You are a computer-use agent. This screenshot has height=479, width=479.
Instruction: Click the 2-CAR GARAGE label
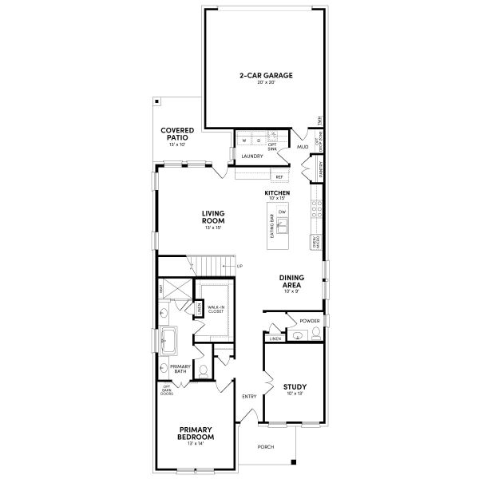[x=266, y=76]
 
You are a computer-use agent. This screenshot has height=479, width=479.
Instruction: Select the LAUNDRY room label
[x=252, y=156]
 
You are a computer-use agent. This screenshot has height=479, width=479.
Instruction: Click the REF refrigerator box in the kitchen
[x=279, y=176]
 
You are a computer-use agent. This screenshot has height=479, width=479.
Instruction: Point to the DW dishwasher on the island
[x=282, y=211]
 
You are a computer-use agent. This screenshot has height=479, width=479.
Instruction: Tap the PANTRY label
[x=319, y=169]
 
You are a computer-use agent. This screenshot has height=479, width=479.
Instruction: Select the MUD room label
[x=303, y=147]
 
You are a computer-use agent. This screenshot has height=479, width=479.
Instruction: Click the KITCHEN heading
[x=277, y=192]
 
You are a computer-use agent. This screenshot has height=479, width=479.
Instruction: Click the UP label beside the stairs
[x=239, y=266]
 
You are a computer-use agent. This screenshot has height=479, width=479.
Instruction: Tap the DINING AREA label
[x=291, y=281]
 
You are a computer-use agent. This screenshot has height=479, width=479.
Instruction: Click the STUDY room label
[x=295, y=387]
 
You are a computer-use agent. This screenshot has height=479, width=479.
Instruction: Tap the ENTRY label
[x=249, y=397]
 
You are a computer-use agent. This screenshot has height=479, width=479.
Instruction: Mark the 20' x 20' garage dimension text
[x=266, y=83]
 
